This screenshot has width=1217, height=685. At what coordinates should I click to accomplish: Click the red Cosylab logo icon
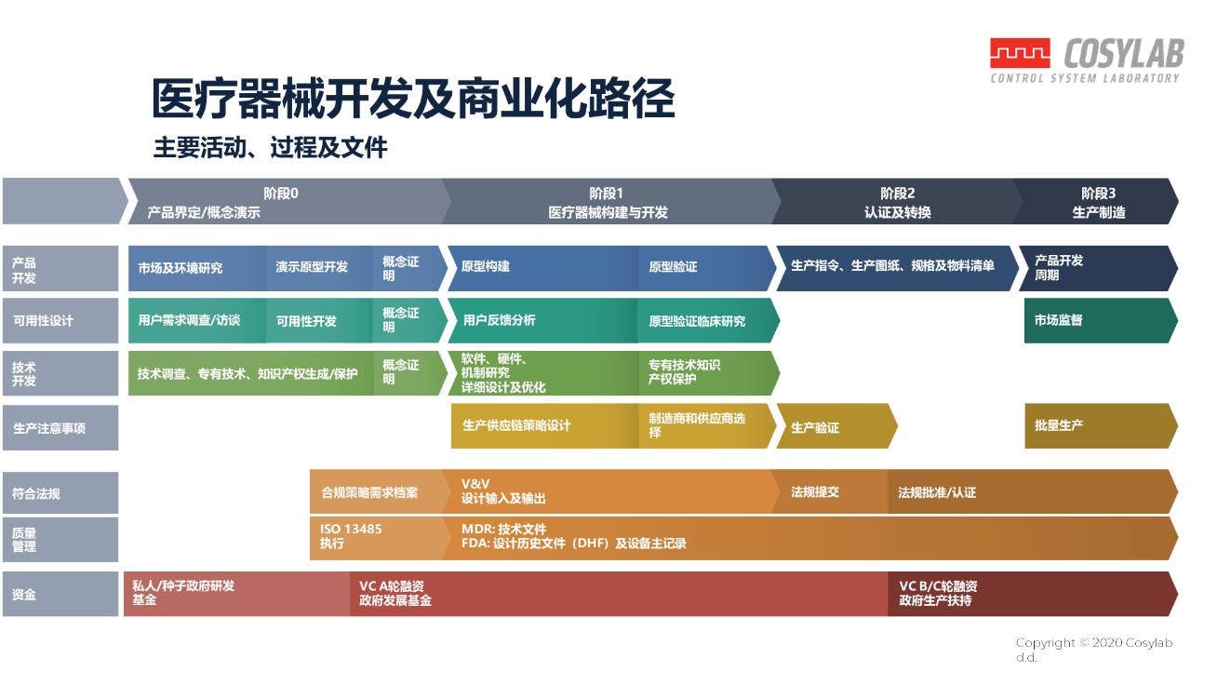pyautogui.click(x=1020, y=53)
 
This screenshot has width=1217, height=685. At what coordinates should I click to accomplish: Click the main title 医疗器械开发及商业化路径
pyautogui.click(x=413, y=99)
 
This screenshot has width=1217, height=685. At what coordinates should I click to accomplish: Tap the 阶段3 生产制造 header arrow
pyautogui.click(x=1096, y=201)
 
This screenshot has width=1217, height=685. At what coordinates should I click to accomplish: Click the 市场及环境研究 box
pyautogui.click(x=196, y=268)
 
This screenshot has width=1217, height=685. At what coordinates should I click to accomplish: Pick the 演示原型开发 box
pyautogui.click(x=319, y=268)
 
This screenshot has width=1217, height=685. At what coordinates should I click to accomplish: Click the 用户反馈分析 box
pyautogui.click(x=542, y=320)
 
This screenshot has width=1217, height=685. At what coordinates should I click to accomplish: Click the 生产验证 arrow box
pyautogui.click(x=836, y=426)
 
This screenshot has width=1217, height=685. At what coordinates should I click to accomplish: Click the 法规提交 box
pyautogui.click(x=830, y=492)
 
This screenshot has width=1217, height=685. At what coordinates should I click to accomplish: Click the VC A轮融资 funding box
pyautogui.click(x=619, y=594)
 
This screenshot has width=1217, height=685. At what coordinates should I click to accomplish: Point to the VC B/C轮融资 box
pyautogui.click(x=1032, y=594)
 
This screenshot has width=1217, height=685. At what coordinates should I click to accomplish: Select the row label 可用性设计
pyautogui.click(x=60, y=320)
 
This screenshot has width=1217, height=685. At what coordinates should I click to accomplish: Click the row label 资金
pyautogui.click(x=60, y=594)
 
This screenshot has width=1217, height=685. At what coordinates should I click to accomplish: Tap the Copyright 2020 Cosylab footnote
pyautogui.click(x=1093, y=650)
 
